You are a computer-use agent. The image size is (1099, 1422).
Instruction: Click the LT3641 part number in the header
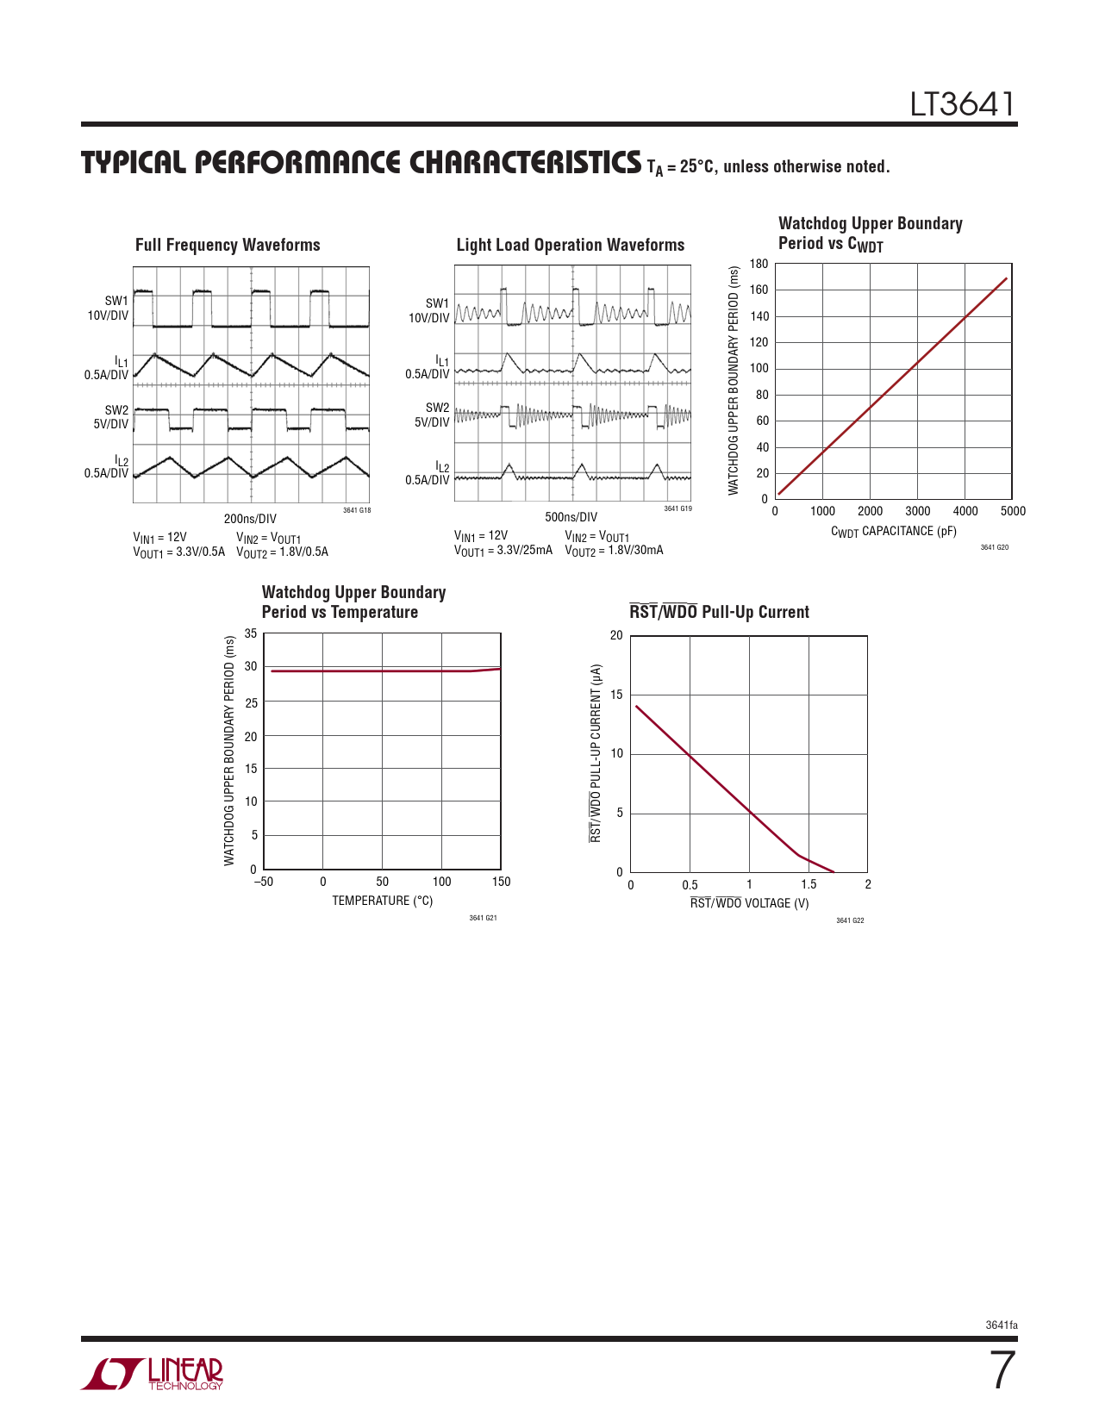click(962, 104)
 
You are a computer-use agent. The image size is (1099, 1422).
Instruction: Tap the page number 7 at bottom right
click(1002, 1370)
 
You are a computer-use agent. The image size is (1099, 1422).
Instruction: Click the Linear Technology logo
click(153, 1374)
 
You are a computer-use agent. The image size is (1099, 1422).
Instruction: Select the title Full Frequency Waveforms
click(228, 245)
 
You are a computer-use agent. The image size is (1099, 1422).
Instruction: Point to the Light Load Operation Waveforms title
click(571, 245)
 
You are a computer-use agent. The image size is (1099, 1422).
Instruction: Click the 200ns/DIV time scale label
click(250, 519)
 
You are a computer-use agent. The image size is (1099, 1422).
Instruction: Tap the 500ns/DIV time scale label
click(571, 517)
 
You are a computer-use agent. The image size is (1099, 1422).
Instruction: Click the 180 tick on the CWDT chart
click(759, 264)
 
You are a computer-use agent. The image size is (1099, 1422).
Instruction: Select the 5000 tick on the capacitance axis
click(1013, 511)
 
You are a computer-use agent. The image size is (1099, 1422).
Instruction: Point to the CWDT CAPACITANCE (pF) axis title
click(893, 532)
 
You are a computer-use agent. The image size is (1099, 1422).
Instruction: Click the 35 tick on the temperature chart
click(251, 633)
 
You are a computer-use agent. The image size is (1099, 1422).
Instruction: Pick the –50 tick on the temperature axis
click(263, 882)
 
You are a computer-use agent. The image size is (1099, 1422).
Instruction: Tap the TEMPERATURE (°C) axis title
click(382, 901)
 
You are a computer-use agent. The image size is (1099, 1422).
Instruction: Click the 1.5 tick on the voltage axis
click(809, 884)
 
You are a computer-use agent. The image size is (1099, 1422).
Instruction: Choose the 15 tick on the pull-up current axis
click(616, 695)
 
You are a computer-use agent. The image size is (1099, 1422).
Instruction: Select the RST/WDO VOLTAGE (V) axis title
click(749, 903)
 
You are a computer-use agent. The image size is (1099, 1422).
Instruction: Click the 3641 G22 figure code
click(850, 921)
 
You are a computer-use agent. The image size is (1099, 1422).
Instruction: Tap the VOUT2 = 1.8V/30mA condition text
click(614, 551)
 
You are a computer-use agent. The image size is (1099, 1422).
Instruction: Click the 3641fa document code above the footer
click(1002, 1325)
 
